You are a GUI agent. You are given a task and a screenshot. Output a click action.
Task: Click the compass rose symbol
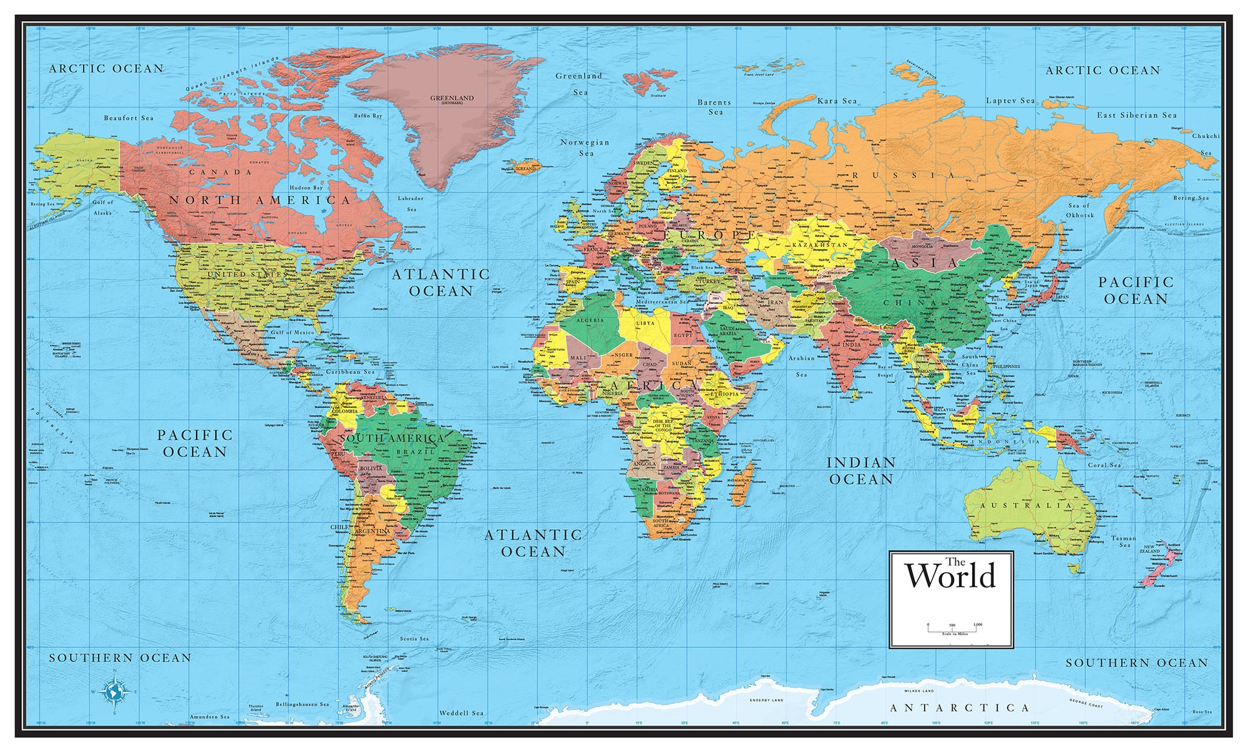pyautogui.click(x=115, y=691)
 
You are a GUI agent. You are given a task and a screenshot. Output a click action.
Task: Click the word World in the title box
pyautogui.click(x=950, y=576)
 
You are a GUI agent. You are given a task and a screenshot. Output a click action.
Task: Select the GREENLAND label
pyautogui.click(x=452, y=99)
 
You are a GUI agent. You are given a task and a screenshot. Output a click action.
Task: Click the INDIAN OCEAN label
pyautogui.click(x=861, y=470)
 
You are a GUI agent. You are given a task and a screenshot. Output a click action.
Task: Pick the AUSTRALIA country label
pyautogui.click(x=1026, y=505)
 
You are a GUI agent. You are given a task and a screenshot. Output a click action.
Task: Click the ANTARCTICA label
pyautogui.click(x=960, y=707)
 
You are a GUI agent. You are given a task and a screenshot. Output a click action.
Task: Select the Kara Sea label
pyautogui.click(x=837, y=101)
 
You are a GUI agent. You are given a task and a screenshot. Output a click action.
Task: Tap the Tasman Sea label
pyautogui.click(x=1124, y=542)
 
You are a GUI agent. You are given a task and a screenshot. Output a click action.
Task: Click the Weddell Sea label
pyautogui.click(x=461, y=712)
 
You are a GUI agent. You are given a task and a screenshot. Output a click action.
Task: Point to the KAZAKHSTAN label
pyautogui.click(x=820, y=245)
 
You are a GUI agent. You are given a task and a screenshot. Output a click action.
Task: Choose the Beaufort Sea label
pyautogui.click(x=129, y=118)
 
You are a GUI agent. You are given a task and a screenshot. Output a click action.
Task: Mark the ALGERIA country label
pyautogui.click(x=590, y=320)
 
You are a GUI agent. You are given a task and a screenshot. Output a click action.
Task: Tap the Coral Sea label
pyautogui.click(x=1105, y=465)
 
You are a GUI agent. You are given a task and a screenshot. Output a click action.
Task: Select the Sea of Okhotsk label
pyautogui.click(x=1080, y=210)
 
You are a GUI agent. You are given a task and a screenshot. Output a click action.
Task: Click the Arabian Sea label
pyautogui.click(x=802, y=366)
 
